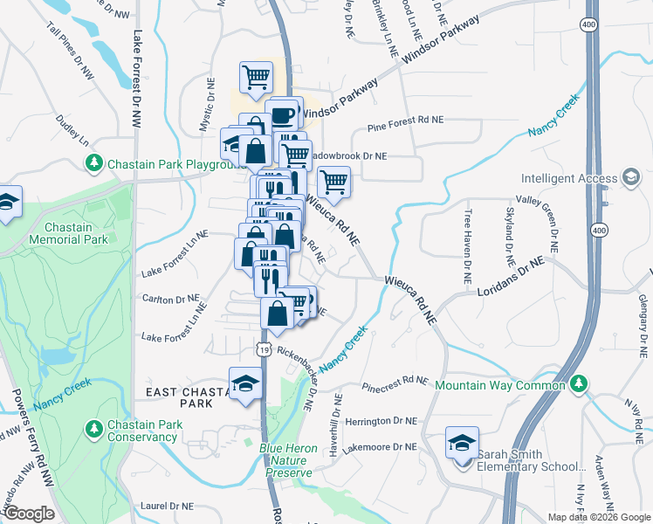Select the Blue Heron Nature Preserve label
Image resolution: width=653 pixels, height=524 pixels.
(x=285, y=460)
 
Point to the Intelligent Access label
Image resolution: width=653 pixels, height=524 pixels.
(x=570, y=179)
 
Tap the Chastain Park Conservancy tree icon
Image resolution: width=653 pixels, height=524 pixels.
(x=93, y=428)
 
